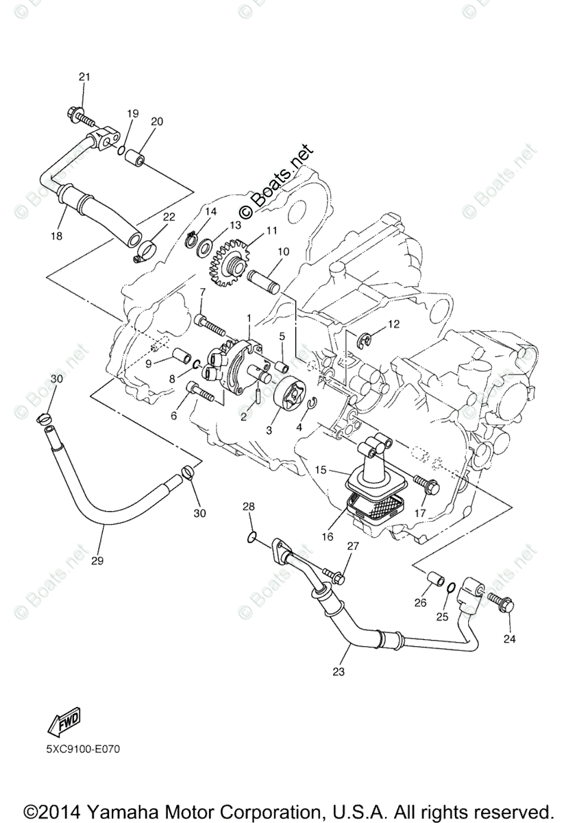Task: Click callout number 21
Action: (x=84, y=77)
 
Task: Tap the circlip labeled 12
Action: (x=365, y=338)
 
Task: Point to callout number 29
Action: (x=97, y=560)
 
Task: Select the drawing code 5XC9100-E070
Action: (x=84, y=750)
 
